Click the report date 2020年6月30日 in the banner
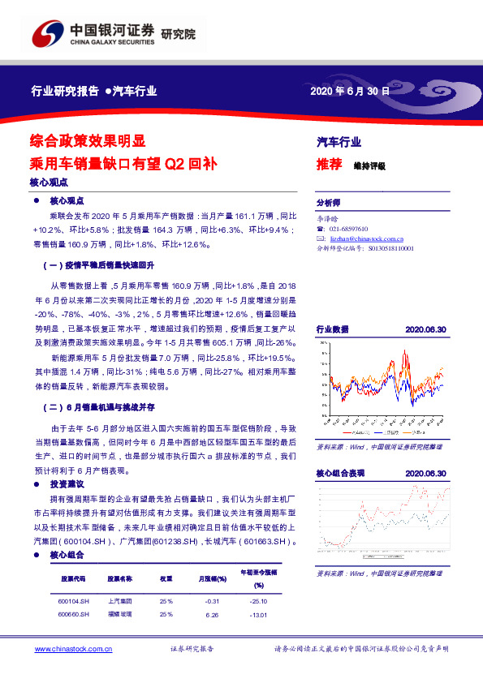[x=350, y=92]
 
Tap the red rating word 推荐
[x=328, y=164]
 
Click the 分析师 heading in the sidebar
[x=329, y=203]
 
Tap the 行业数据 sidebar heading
[x=332, y=329]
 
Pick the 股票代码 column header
[x=73, y=579]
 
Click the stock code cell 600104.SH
[x=74, y=601]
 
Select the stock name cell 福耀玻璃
[x=120, y=614]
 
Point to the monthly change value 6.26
[x=213, y=614]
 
